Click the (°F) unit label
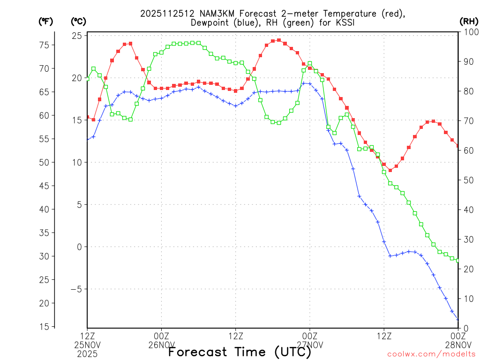pos(45,21)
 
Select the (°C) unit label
pos(78,21)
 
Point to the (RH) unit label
pos(467,21)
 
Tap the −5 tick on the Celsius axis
pos(76,289)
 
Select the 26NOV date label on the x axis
pos(162,345)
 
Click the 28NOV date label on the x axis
pos(458,345)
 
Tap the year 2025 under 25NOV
pos(87,353)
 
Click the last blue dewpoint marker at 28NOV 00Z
pos(458,319)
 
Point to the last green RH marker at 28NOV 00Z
pos(458,260)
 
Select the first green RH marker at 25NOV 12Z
pos(87,79)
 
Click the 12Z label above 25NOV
pos(87,336)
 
